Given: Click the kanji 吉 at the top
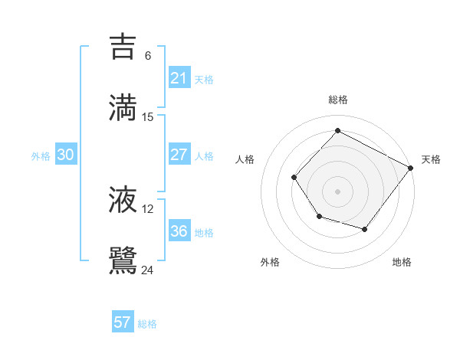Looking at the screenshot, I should pos(123,47).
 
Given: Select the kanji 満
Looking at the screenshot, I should pos(123,107).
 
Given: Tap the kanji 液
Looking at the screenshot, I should pos(123,200).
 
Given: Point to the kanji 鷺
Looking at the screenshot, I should pos(123,260).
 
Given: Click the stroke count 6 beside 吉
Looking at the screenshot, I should pos(148,56).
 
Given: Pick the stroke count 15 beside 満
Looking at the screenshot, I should pos(148,116).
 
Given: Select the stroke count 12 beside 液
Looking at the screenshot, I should pos(148,208).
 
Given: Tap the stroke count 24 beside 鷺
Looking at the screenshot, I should pos(148,270).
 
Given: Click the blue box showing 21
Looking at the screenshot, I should pos(179,78).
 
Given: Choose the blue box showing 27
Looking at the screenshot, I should pos(179,155).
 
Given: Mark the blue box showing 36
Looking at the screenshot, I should pos(179,231).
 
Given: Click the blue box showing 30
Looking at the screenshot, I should pos(66,155).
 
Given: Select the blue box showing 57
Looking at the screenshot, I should pos(123,322).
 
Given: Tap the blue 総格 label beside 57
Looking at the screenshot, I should pos(147,324).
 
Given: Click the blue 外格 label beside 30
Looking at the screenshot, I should pos(41,156).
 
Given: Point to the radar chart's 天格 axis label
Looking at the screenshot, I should pos(431,159).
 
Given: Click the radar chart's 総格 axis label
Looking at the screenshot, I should pos(337,100).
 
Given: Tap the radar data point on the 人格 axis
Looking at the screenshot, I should pos(294,178).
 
